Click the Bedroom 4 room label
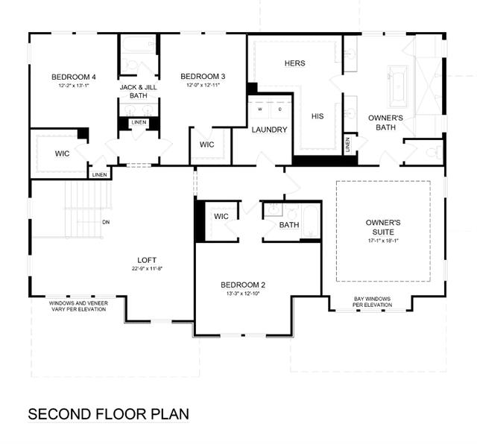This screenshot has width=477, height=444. [x=74, y=77]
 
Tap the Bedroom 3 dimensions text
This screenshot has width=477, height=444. [x=203, y=85]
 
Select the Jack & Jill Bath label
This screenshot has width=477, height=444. [x=139, y=91]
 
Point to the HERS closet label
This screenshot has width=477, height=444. [x=295, y=63]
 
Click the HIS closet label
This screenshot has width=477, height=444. [x=318, y=116]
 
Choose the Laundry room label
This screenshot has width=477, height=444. [x=269, y=130]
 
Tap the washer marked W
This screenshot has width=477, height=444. [x=260, y=110]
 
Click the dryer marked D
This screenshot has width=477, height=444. [x=280, y=110]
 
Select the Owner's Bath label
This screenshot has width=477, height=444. [x=385, y=123]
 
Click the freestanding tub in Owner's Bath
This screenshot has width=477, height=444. [x=397, y=86]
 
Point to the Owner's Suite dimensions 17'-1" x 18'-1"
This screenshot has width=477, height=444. [x=383, y=241]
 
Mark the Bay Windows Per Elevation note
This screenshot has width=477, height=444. [x=373, y=302]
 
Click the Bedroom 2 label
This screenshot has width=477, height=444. [x=243, y=285]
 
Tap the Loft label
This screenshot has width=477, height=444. [x=147, y=260]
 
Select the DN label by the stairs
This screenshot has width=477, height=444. [x=106, y=222]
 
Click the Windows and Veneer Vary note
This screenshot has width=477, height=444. [x=78, y=306]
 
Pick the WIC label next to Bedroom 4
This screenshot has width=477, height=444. [x=62, y=153]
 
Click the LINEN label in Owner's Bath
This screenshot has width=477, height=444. [x=348, y=145]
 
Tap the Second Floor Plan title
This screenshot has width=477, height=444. [x=109, y=414]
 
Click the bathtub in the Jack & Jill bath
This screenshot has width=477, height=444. [x=139, y=45]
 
